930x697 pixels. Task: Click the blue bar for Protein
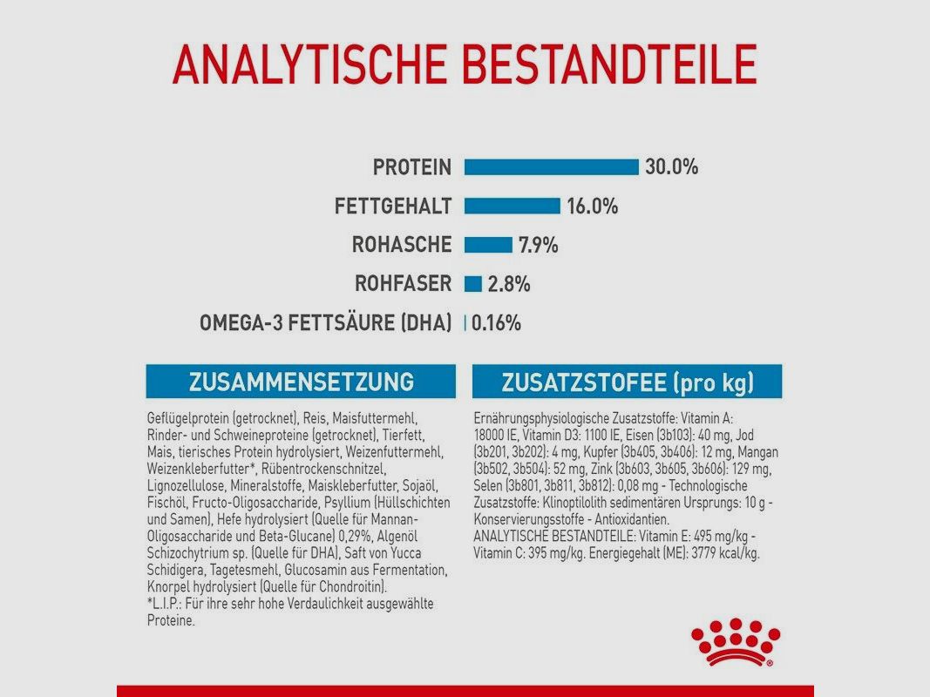pyautogui.click(x=551, y=166)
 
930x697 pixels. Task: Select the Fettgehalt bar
pyautogui.click(x=512, y=206)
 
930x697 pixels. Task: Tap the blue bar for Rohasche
pyautogui.click(x=488, y=245)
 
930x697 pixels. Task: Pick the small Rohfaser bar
pyautogui.click(x=473, y=284)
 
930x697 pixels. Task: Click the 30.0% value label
pyautogui.click(x=671, y=166)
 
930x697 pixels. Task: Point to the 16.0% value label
pyautogui.click(x=592, y=206)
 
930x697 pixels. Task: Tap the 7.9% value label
pyautogui.click(x=538, y=245)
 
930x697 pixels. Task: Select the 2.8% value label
pyautogui.click(x=509, y=284)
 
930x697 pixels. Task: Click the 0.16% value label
pyautogui.click(x=496, y=323)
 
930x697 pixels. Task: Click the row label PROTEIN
pyautogui.click(x=412, y=166)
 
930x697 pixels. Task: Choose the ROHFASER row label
pyautogui.click(x=404, y=284)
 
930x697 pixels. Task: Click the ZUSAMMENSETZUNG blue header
pyautogui.click(x=301, y=382)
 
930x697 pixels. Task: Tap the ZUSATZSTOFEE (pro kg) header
pyautogui.click(x=627, y=382)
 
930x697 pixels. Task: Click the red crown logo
pyautogui.click(x=735, y=642)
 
